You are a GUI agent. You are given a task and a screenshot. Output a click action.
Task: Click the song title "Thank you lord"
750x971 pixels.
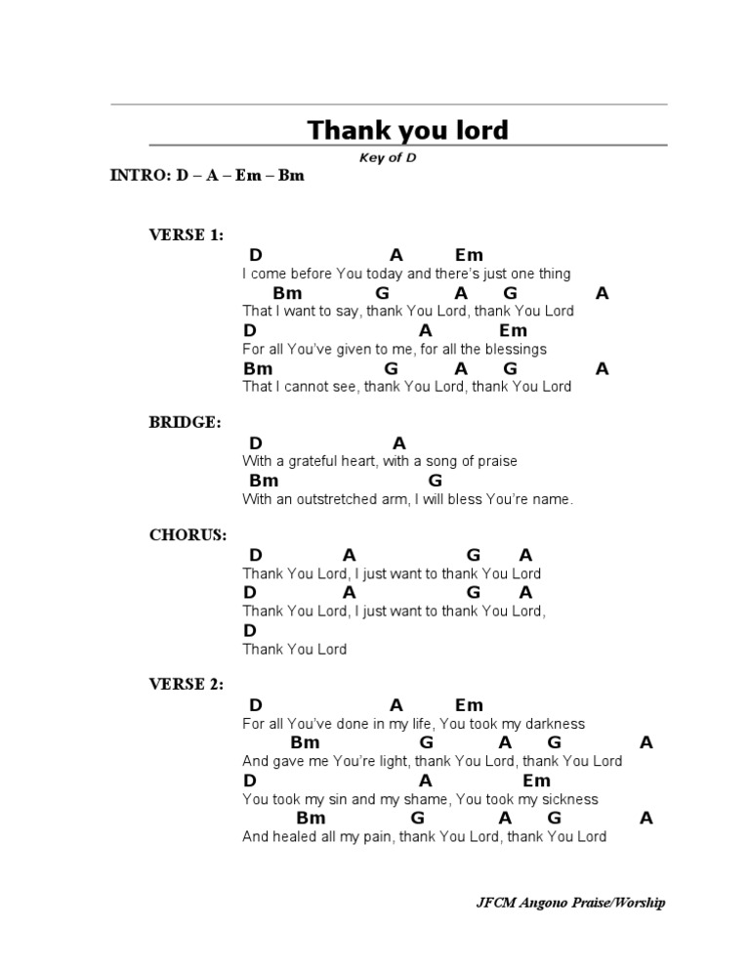pos(408,130)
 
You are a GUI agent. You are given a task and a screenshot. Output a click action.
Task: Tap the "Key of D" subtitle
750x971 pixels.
pos(388,157)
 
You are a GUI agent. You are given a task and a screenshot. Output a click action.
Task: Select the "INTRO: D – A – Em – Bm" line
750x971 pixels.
pos(207,176)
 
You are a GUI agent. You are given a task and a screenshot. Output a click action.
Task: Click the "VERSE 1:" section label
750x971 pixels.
pos(186,235)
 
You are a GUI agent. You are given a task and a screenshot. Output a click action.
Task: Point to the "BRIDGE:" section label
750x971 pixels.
pos(185,423)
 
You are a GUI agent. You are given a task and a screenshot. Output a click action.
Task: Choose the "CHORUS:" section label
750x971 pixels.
pos(187,535)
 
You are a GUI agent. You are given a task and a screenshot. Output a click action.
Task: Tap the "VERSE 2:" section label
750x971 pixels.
pos(186,685)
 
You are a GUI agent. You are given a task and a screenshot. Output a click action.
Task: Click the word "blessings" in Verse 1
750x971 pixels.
pos(516,350)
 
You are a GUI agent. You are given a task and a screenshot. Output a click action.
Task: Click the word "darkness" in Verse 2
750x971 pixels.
pos(551,724)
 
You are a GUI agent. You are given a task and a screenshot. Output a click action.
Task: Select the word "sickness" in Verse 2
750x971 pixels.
pos(565,799)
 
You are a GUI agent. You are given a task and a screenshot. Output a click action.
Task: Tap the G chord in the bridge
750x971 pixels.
pos(436,481)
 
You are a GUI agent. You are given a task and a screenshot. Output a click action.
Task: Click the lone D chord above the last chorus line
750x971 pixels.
pos(250,631)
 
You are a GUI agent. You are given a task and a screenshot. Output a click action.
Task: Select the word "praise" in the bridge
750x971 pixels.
pos(496,461)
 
